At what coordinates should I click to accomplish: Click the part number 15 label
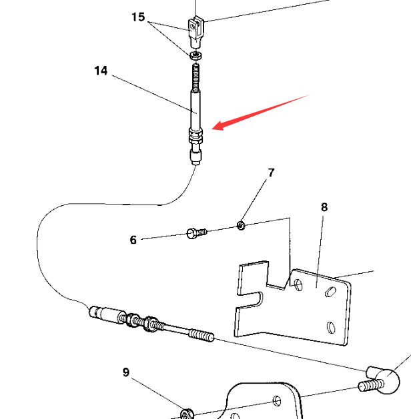click(x=138, y=17)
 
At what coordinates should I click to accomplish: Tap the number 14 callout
click(x=101, y=71)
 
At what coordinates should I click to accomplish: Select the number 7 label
click(x=271, y=173)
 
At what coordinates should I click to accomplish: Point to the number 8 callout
click(x=324, y=207)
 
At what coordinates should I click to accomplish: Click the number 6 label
click(x=133, y=240)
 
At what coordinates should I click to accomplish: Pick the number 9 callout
click(x=126, y=372)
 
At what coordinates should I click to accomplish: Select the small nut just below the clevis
click(x=196, y=55)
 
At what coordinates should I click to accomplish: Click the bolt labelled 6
click(x=197, y=233)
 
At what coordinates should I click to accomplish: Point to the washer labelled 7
click(x=241, y=226)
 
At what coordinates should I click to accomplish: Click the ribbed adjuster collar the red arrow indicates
click(x=195, y=136)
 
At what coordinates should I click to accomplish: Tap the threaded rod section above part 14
click(x=196, y=77)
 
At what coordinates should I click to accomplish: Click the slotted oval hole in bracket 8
click(x=331, y=292)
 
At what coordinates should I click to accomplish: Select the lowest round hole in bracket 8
click(x=331, y=327)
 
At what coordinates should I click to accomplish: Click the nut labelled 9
click(x=187, y=414)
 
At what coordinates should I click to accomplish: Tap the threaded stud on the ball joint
click(x=370, y=385)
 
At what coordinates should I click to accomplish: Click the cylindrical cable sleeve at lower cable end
click(x=107, y=314)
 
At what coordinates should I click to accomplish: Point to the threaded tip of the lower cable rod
click(x=201, y=335)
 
